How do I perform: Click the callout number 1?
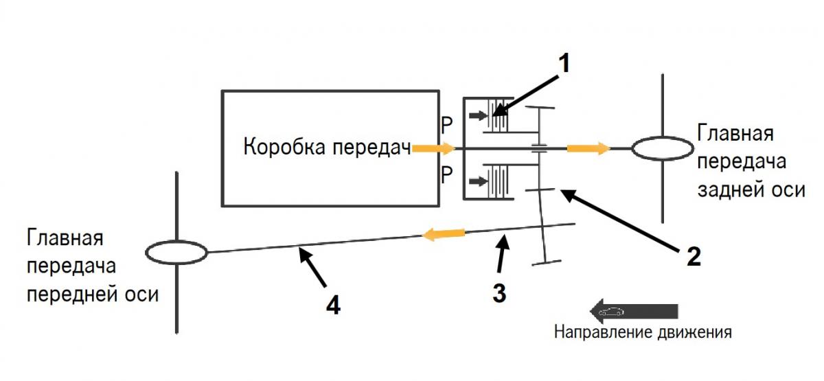(564, 63)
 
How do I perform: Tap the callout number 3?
(499, 292)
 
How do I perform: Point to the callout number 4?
(332, 305)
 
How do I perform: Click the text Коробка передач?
(327, 148)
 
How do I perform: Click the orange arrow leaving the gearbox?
(434, 148)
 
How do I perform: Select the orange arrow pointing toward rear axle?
(588, 148)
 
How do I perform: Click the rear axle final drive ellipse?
(662, 148)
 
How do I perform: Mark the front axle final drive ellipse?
(176, 252)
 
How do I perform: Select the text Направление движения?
(643, 333)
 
